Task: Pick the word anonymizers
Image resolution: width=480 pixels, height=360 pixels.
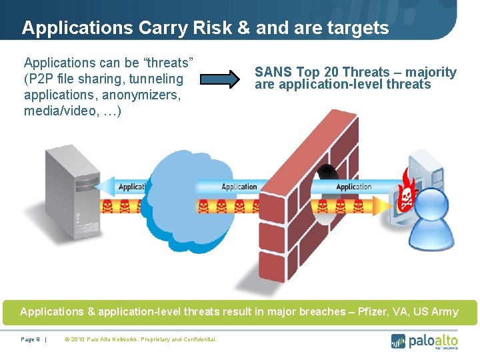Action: pos(141,95)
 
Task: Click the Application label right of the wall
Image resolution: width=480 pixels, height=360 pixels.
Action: pos(353,187)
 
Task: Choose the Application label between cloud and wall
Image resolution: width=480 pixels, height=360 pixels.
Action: pos(239,187)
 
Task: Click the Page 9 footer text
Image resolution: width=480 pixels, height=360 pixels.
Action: pos(31,339)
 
